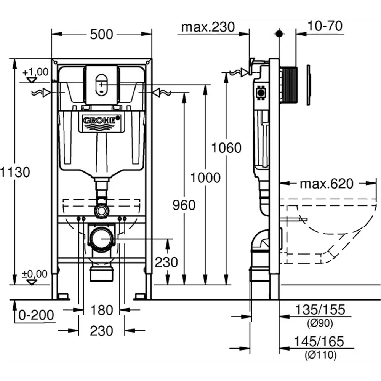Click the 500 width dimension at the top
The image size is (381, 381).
coord(102,34)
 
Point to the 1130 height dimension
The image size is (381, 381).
coord(15,172)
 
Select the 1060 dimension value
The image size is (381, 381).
coord(226,148)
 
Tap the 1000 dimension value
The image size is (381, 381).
coord(206,178)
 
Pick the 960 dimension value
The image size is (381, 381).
coord(184,205)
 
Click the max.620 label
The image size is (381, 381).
coord(327,184)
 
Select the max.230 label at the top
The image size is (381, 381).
coord(208,27)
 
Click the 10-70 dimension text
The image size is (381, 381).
coord(325,26)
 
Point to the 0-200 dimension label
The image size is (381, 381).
coord(36,315)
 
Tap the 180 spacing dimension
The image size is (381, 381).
coord(102,310)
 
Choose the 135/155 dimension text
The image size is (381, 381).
coord(320,310)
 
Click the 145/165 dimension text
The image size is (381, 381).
coord(319,341)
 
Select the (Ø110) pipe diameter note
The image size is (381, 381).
coord(321,355)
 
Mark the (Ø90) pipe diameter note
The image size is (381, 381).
coord(320,323)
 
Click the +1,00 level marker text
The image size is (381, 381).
coord(35,72)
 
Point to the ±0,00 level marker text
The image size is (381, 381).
coord(35,274)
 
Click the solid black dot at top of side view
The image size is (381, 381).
coord(279,34)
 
